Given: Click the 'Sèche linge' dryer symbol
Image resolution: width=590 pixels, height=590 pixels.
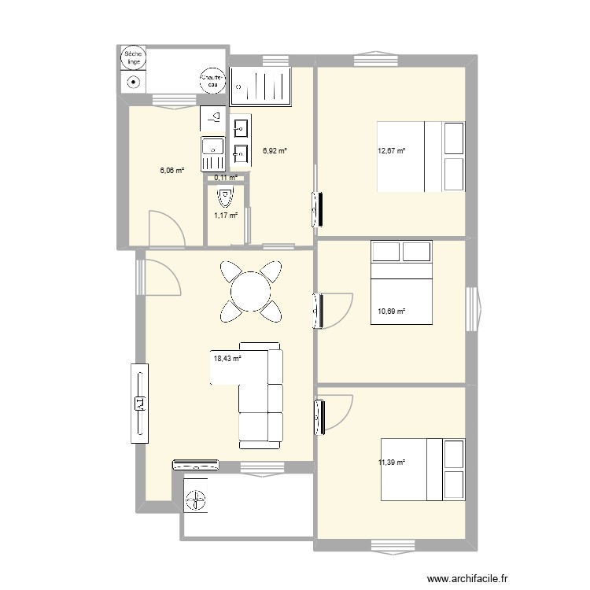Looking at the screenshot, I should [132, 59].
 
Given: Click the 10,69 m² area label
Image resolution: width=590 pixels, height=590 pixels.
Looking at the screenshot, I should [391, 312].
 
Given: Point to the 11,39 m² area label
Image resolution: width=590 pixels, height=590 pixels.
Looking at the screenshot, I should [391, 463].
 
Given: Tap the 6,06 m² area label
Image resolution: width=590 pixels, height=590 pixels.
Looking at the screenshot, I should [171, 170].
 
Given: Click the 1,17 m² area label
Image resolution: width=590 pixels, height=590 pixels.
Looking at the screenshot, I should [226, 215].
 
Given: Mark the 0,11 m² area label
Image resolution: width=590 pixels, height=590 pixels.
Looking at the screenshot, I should [226, 178].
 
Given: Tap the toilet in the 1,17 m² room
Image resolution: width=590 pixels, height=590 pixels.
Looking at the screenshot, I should [226, 194].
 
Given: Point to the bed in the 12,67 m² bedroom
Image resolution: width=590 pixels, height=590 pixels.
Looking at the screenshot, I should [420, 156].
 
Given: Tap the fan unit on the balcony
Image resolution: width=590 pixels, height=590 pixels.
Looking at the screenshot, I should [196, 498].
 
